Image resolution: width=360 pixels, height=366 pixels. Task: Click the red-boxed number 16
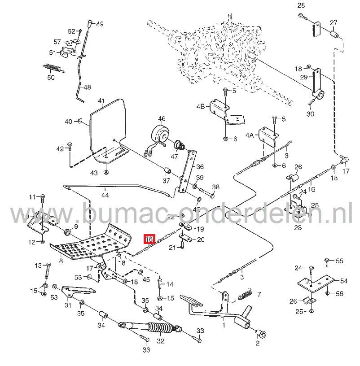[149, 239]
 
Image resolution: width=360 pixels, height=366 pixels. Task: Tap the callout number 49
[99, 24]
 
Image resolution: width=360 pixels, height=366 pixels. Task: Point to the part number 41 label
[101, 101]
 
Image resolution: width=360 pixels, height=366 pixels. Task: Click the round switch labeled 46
[160, 134]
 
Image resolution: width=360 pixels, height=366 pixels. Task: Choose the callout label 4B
[201, 106]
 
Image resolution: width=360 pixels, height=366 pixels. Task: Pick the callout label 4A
[249, 135]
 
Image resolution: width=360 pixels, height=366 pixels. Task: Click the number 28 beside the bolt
[301, 5]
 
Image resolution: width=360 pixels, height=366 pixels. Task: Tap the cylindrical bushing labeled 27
[334, 34]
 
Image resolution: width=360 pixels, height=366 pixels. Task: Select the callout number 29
[303, 78]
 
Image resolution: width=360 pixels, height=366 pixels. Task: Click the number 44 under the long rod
[105, 195]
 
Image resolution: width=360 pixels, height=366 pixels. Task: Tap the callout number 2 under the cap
[257, 344]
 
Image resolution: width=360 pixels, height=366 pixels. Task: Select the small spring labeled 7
[245, 296]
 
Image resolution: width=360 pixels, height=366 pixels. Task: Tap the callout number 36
[200, 166]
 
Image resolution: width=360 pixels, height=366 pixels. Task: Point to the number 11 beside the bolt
[31, 197]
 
